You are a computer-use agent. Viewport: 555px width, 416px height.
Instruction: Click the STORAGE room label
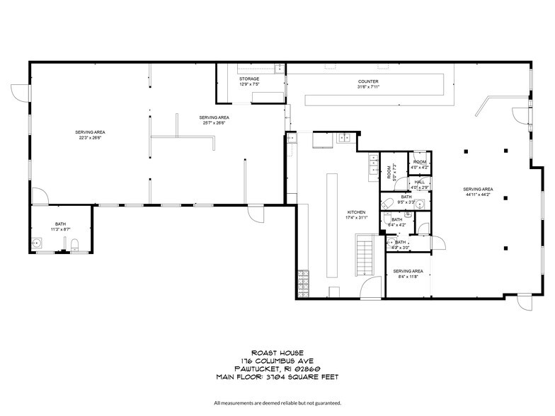click(249, 79)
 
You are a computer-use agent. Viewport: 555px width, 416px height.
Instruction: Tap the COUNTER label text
click(368, 81)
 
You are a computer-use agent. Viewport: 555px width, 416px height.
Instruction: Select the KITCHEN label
click(355, 212)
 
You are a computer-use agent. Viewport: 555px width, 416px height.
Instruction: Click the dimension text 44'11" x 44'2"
click(478, 195)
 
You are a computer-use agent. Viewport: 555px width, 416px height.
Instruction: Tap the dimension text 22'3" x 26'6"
click(91, 138)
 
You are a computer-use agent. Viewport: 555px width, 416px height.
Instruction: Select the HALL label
click(420, 182)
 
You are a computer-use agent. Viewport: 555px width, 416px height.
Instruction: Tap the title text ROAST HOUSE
click(277, 352)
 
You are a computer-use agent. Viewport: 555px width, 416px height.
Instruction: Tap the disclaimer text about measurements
click(277, 402)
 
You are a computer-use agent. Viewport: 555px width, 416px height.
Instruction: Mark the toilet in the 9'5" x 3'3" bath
click(387, 204)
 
